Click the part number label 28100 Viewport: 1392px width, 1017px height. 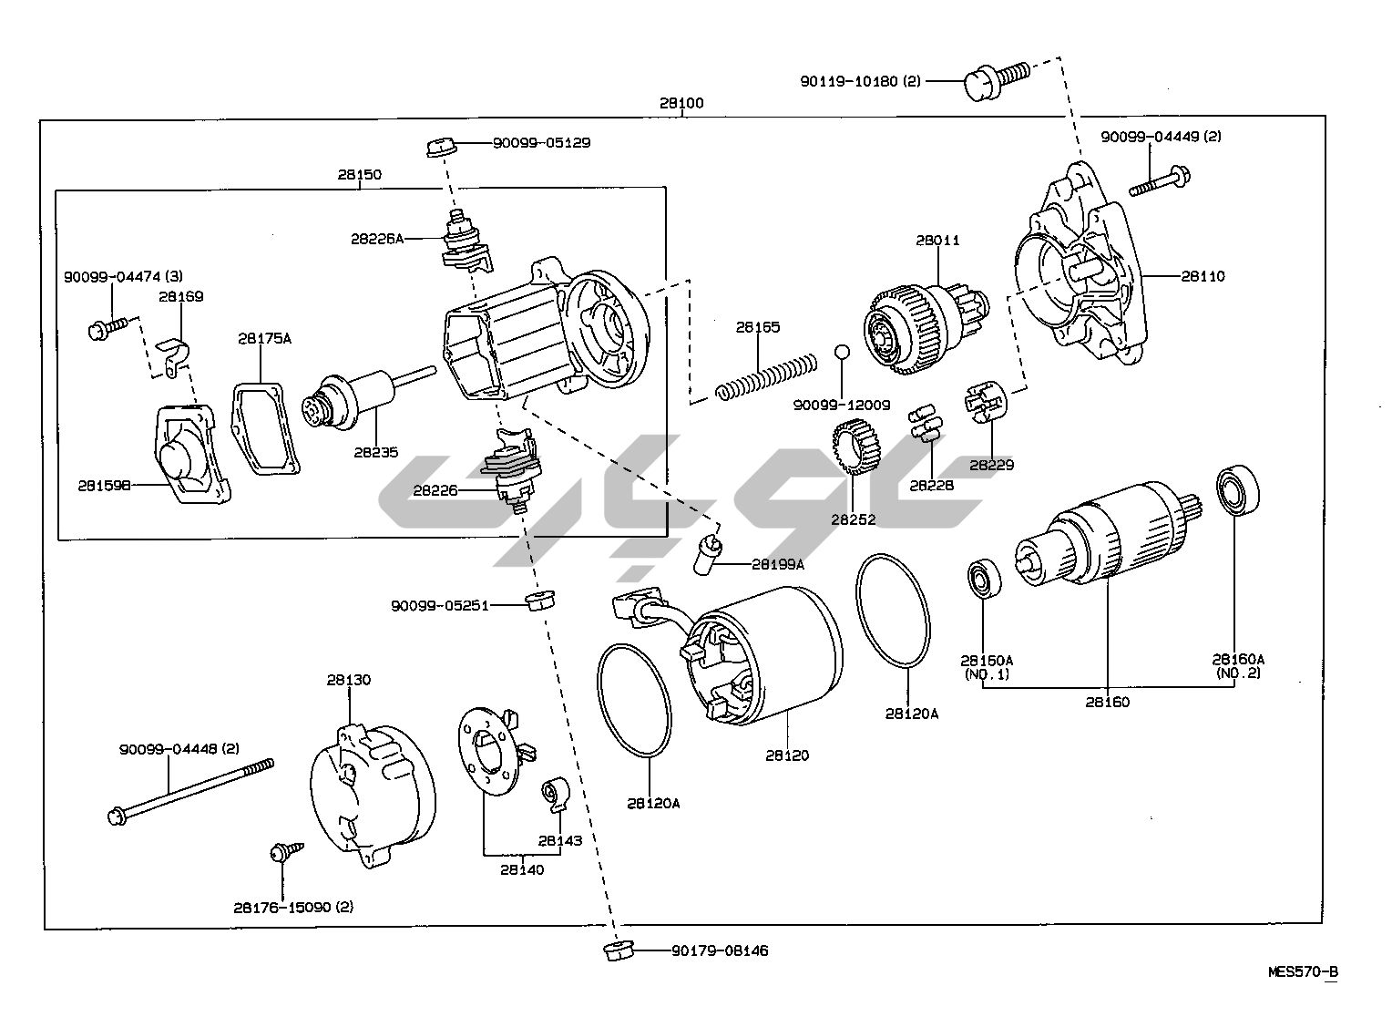tap(681, 103)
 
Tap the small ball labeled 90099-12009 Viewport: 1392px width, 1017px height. tap(842, 352)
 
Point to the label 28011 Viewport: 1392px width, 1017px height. tap(937, 241)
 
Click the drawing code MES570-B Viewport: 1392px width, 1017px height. tap(1303, 971)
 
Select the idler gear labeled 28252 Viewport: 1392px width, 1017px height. tap(854, 449)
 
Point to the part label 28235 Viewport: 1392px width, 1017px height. tap(376, 452)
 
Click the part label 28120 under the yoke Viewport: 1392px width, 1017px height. tap(786, 755)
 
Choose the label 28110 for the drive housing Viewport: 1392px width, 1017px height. tap(1203, 275)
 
